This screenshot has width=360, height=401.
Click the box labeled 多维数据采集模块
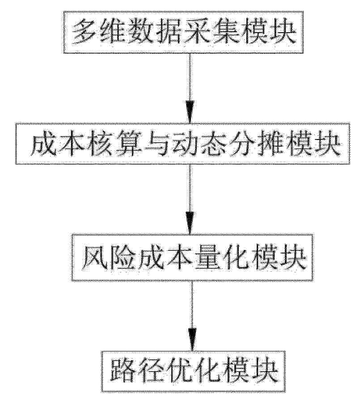tap(183, 32)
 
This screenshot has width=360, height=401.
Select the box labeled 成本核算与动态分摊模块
tap(183, 143)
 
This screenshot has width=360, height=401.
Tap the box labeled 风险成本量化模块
tap(192, 257)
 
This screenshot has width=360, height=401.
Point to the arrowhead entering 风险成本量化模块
tap(190, 223)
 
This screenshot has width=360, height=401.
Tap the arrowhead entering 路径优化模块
tap(192, 339)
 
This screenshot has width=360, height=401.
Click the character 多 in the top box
tap(84, 33)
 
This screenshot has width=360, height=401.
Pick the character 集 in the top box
tap(225, 33)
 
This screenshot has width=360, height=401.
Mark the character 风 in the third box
tap(94, 258)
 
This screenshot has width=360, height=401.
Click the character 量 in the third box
tap(207, 258)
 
